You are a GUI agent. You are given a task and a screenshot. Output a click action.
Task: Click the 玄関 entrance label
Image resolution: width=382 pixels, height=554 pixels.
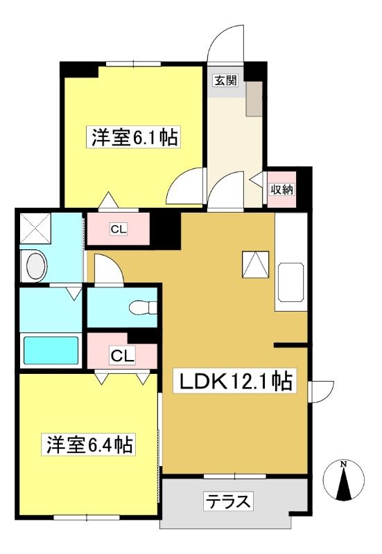[x=225, y=81]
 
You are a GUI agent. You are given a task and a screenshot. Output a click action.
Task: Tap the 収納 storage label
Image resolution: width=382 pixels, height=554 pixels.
[x=282, y=189]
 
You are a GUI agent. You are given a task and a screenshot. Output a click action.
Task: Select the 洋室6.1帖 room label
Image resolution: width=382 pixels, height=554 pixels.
[x=134, y=137]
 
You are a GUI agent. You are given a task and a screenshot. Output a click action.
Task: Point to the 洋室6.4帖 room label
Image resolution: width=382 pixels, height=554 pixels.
[x=89, y=445]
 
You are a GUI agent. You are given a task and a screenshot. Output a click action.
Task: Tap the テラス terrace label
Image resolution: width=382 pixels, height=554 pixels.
[x=229, y=501]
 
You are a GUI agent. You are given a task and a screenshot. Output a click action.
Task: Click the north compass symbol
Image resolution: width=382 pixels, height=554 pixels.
[x=343, y=481]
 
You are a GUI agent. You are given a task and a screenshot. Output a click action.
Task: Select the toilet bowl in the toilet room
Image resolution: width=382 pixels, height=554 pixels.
[x=143, y=307]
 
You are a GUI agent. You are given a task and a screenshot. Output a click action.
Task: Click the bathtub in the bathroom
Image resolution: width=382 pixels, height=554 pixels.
[x=51, y=350]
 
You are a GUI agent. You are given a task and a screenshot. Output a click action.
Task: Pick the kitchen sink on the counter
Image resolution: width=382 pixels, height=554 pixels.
[x=290, y=282]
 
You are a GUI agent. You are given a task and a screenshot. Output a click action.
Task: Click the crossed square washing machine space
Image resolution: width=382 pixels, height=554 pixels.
[x=35, y=228]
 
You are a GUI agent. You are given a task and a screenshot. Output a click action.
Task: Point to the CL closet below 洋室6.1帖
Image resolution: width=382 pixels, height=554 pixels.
[x=118, y=229]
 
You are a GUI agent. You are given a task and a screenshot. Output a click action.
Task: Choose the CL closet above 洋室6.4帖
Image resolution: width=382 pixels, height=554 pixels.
[x=122, y=355]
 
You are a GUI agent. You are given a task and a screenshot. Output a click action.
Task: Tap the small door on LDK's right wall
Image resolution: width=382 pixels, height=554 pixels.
[x=321, y=391]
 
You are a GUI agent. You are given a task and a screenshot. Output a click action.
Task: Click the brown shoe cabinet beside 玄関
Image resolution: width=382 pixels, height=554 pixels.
[x=254, y=98]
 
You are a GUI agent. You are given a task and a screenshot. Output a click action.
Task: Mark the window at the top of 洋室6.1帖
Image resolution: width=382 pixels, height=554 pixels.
[x=133, y=64]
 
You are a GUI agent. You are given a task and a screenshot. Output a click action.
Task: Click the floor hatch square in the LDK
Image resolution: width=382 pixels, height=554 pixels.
[x=255, y=264]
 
